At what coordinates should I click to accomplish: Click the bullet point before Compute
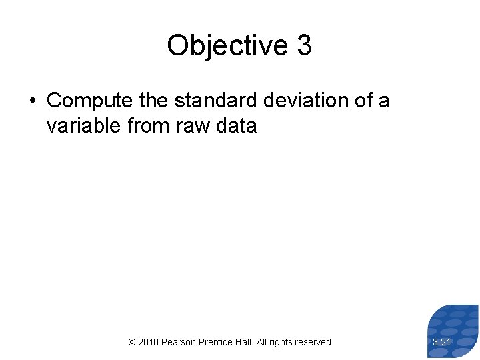(x=32, y=101)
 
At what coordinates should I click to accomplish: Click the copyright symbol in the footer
(x=131, y=342)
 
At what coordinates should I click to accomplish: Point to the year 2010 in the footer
(x=149, y=342)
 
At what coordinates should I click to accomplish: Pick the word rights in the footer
(x=283, y=342)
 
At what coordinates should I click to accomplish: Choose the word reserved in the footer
(x=315, y=342)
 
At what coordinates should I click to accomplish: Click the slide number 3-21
(x=442, y=342)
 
